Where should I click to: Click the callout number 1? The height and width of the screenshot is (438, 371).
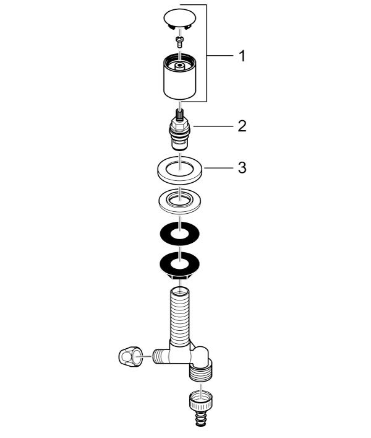point(242,56)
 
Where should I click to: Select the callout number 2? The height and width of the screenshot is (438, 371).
point(242,126)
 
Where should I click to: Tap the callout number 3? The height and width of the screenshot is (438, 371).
point(242,168)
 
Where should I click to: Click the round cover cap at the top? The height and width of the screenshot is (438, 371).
point(180,19)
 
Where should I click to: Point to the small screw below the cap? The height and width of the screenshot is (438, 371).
point(179,42)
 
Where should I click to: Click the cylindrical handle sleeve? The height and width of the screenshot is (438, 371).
point(179,76)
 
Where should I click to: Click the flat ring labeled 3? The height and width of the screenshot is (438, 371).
point(180,170)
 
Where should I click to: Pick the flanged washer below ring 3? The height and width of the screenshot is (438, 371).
point(180,201)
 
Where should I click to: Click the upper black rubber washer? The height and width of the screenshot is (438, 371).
point(180,234)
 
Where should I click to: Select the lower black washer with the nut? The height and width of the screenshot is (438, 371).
point(180,265)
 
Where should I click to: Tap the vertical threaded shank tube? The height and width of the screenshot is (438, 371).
point(180,316)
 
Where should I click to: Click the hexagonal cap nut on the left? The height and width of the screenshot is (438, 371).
point(130,356)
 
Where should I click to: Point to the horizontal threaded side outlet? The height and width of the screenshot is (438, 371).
point(161,356)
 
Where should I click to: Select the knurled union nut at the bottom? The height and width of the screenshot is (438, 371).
point(200,401)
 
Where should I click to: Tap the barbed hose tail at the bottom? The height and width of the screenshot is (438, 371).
point(200,418)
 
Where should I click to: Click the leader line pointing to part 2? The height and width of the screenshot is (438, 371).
point(213,126)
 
